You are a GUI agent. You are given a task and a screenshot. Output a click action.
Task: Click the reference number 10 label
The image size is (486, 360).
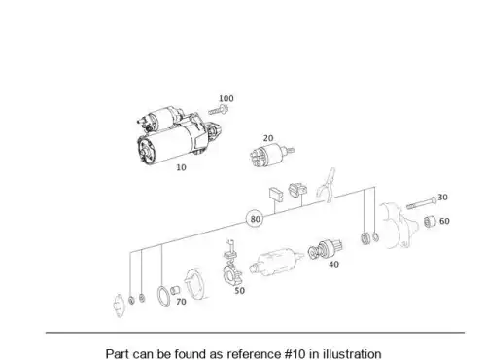[181, 167]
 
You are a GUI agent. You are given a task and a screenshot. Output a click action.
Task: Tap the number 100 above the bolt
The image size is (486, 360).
[226, 98]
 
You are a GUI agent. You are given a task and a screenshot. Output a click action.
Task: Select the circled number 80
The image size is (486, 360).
[256, 219]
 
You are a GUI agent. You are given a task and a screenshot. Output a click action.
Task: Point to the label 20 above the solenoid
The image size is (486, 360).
[268, 138]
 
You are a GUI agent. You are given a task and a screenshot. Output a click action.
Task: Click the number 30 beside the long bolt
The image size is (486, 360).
[442, 197]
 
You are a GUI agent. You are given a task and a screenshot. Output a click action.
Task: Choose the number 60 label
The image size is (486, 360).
[444, 221]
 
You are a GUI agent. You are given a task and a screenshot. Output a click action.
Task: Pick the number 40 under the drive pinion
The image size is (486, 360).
[333, 264]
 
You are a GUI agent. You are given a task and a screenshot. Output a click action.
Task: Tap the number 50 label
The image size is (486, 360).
[239, 291]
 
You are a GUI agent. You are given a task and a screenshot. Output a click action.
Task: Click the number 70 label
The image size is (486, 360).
[181, 302]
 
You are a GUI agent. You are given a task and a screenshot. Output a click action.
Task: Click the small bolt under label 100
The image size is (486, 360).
[219, 110]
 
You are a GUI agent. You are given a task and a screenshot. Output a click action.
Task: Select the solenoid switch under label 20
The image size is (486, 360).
[271, 155]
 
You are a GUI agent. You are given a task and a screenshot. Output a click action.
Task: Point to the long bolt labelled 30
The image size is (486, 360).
[422, 203]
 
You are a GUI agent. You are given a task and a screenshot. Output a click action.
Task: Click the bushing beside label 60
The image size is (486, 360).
[430, 221]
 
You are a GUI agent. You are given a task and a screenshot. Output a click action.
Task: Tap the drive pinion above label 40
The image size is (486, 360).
[325, 249]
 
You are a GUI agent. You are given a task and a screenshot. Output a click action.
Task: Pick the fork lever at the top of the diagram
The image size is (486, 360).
[327, 185]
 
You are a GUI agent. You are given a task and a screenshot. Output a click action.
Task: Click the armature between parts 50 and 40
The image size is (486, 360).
[276, 262]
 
